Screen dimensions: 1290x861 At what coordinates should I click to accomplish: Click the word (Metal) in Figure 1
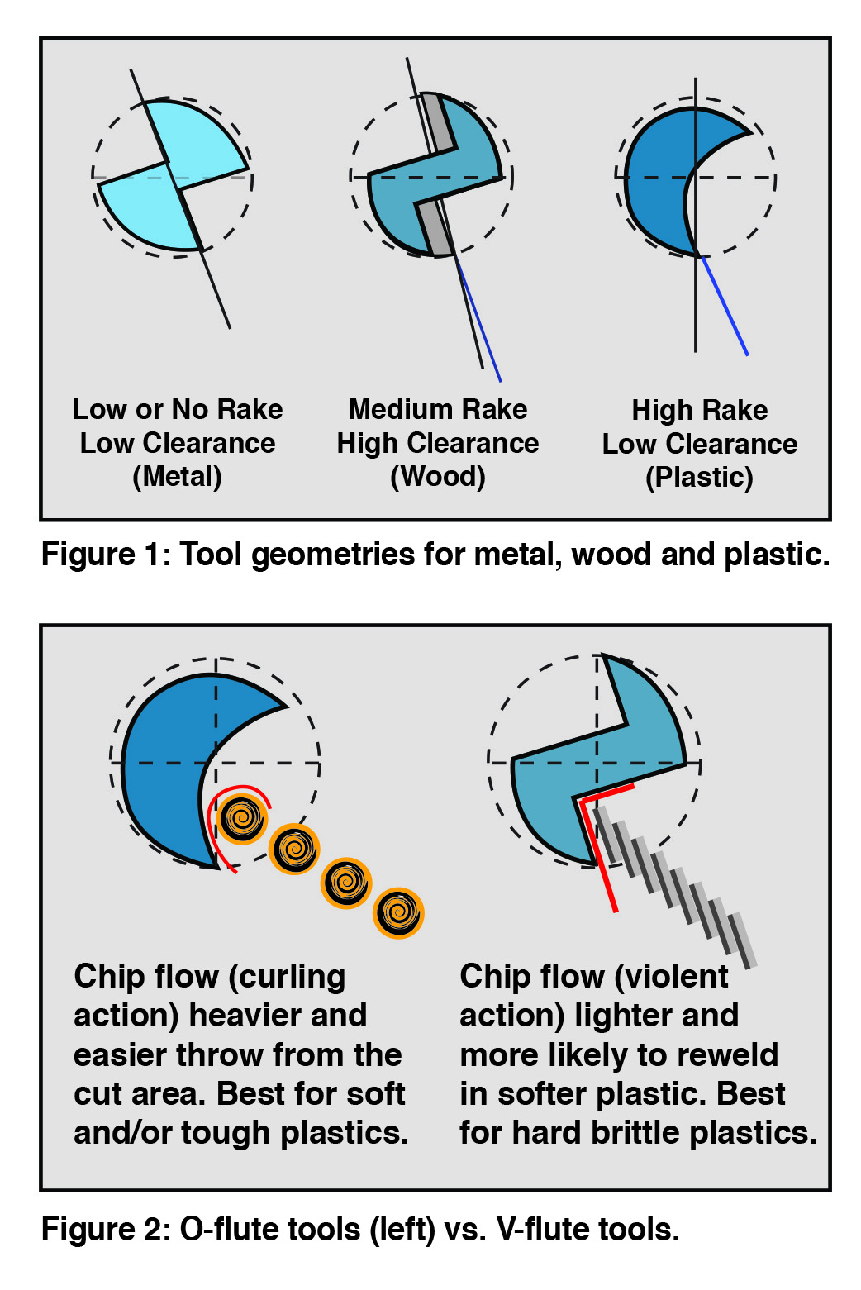[177, 477]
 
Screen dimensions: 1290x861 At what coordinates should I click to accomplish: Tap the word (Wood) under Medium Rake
[437, 477]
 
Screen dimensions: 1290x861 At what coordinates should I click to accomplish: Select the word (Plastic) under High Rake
[699, 478]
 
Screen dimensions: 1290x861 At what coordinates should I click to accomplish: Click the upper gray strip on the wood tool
[440, 124]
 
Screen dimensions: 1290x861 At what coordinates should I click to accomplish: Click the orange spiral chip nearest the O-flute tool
[242, 818]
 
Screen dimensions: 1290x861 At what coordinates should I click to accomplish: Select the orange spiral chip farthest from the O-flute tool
[398, 913]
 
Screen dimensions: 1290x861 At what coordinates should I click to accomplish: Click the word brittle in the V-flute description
[630, 1133]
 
